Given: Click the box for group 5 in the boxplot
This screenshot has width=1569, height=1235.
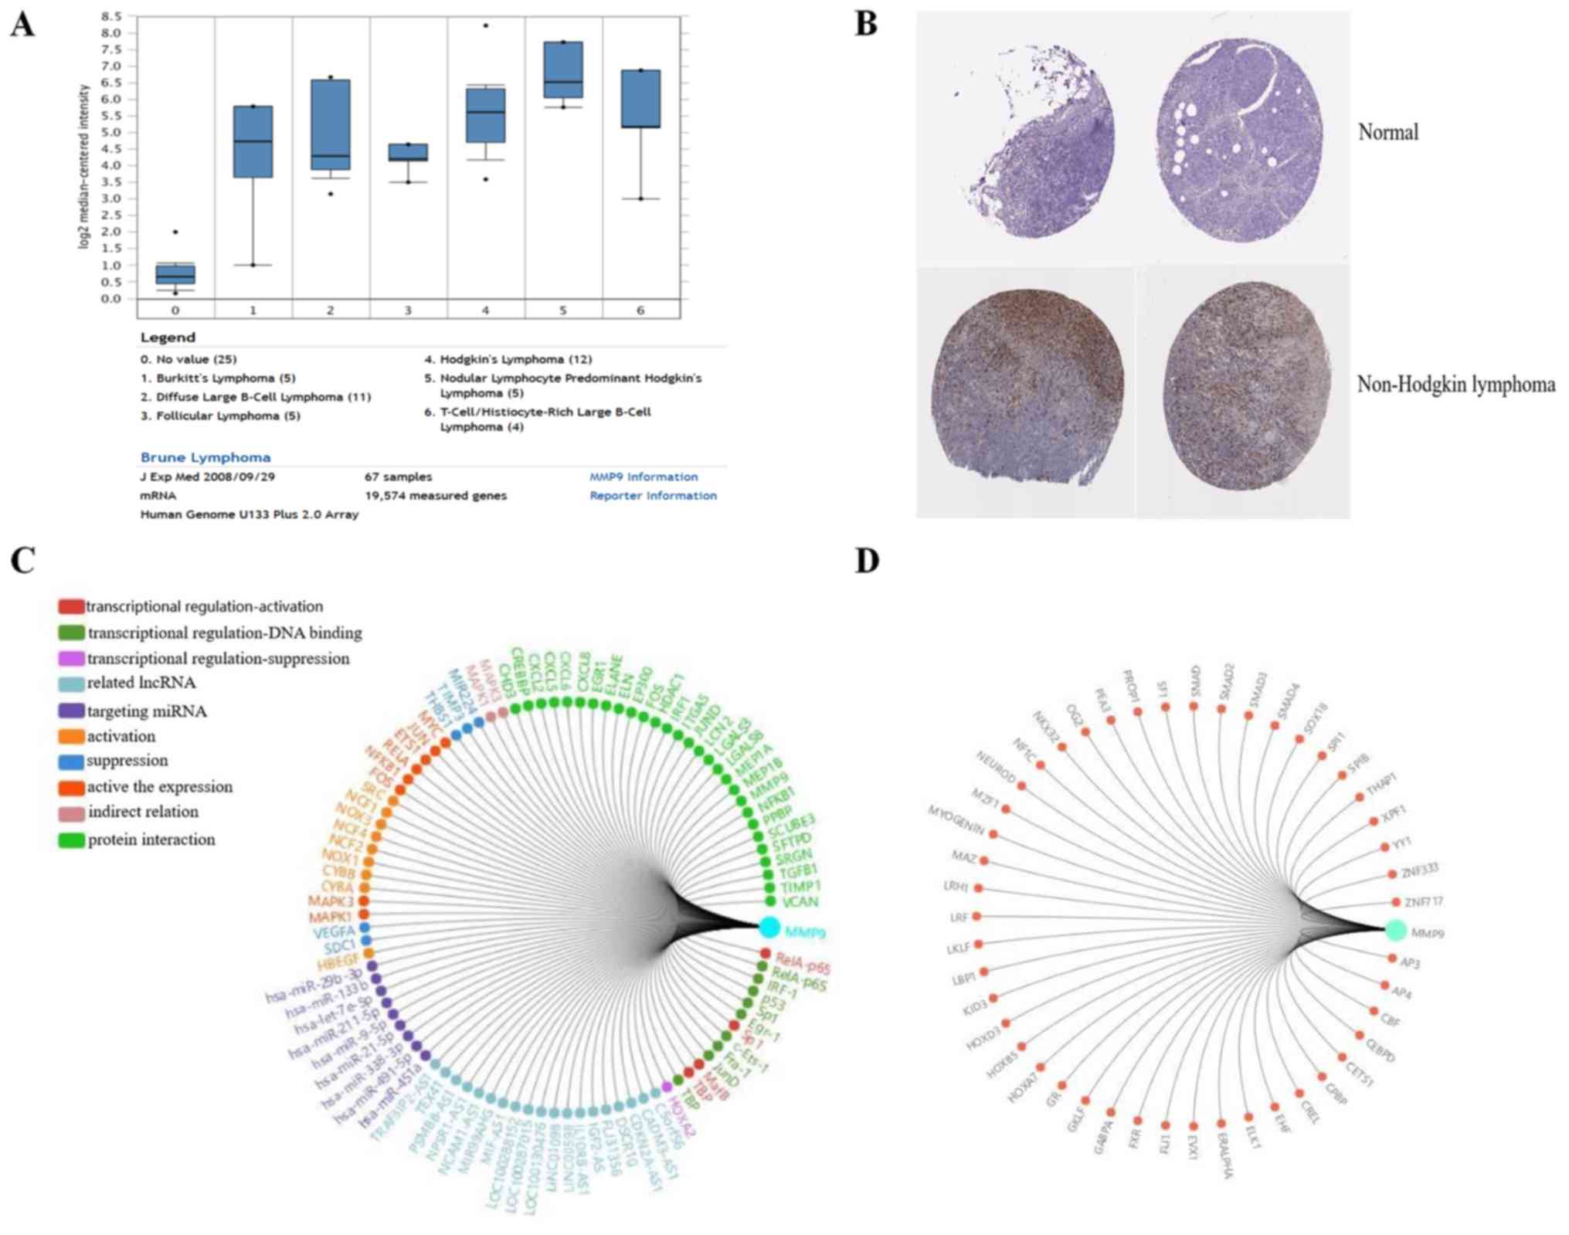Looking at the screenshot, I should (562, 70).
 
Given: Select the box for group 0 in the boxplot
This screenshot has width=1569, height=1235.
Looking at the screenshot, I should (175, 273).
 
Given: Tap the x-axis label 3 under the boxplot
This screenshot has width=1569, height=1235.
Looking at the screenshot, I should (408, 310).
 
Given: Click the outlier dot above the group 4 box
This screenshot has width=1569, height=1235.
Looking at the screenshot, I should (485, 25).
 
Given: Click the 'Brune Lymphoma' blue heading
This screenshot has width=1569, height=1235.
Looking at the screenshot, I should (205, 457).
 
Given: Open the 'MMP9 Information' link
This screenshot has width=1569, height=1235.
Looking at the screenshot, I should (643, 477).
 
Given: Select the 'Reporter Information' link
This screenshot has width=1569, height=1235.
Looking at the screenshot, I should (653, 496).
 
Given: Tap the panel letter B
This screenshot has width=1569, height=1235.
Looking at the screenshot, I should (866, 25).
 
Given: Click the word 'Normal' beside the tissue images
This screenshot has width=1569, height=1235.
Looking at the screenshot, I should (1387, 132).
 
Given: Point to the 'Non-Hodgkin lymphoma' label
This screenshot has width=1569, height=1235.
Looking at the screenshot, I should (1455, 384).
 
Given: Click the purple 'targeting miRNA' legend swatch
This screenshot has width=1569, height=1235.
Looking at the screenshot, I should (71, 711).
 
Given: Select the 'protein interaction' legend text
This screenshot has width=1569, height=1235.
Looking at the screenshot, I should (151, 840).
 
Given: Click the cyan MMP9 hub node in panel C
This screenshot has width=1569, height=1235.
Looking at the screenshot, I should (769, 927).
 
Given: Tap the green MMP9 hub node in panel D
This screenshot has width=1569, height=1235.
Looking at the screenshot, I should (1394, 931).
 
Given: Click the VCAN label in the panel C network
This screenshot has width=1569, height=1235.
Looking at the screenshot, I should (800, 902).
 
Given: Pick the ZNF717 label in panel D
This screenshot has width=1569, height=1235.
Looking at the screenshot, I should (1423, 901).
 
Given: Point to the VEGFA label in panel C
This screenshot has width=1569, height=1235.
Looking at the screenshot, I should (333, 932).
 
